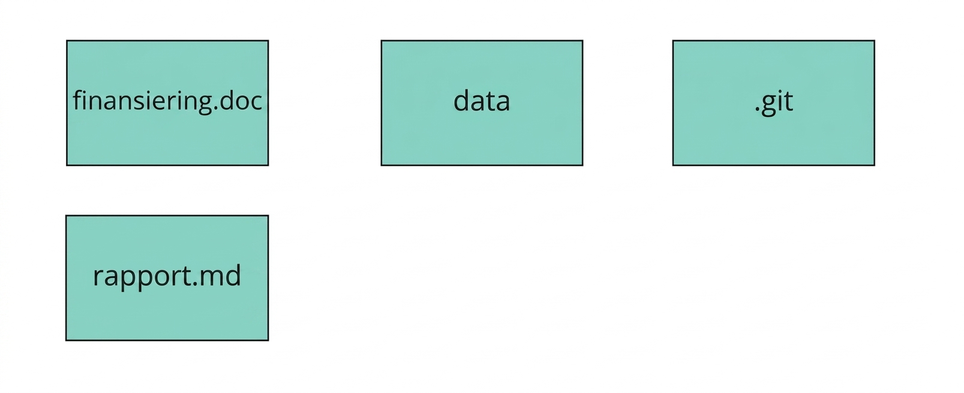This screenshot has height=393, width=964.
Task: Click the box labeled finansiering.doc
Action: pyautogui.click(x=167, y=103)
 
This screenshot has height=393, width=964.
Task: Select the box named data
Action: pyautogui.click(x=482, y=103)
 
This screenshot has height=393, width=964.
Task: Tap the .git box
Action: pyautogui.click(x=774, y=103)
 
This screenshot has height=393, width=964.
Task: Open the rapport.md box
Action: pyautogui.click(x=167, y=278)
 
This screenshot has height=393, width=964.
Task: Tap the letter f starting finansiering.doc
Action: pyautogui.click(x=78, y=100)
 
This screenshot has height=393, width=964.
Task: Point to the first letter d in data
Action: pyautogui.click(x=462, y=101)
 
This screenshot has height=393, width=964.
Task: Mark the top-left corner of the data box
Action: pyautogui.click(x=382, y=41)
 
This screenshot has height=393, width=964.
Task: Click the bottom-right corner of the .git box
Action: pyautogui.click(x=875, y=165)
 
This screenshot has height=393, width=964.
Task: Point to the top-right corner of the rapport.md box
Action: pyautogui.click(x=268, y=216)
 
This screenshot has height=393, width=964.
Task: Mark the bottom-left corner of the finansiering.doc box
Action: pyautogui.click(x=67, y=165)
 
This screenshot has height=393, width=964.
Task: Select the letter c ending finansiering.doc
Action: pyautogui.click(x=256, y=103)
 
